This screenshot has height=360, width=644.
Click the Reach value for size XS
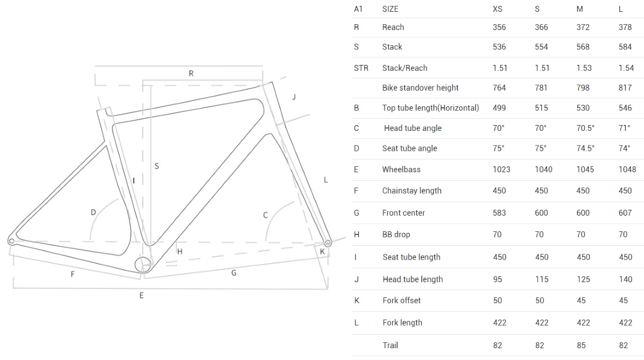(499, 27)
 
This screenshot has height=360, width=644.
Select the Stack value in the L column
(625, 47)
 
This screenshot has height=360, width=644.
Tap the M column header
(580, 9)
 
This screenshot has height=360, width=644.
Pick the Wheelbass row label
(401, 170)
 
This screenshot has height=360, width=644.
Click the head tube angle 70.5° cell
(585, 128)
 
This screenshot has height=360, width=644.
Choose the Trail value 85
(581, 346)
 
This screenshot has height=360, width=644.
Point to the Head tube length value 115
(541, 280)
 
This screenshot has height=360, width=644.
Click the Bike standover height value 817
(625, 87)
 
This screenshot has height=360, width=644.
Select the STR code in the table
(361, 68)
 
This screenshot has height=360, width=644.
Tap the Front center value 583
(499, 213)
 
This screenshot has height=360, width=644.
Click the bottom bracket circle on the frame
(143, 265)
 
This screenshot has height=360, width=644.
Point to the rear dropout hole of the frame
(11, 241)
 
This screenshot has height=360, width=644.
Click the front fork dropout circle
(328, 243)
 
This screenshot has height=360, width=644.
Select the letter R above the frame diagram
(191, 74)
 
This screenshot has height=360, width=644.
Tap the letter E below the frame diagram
(142, 296)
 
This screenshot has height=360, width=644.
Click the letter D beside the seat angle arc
(93, 212)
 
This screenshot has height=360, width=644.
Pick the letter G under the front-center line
(234, 273)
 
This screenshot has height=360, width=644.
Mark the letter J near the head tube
(294, 97)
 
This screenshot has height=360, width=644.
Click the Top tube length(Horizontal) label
(430, 108)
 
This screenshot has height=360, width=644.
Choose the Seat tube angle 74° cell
(625, 149)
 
